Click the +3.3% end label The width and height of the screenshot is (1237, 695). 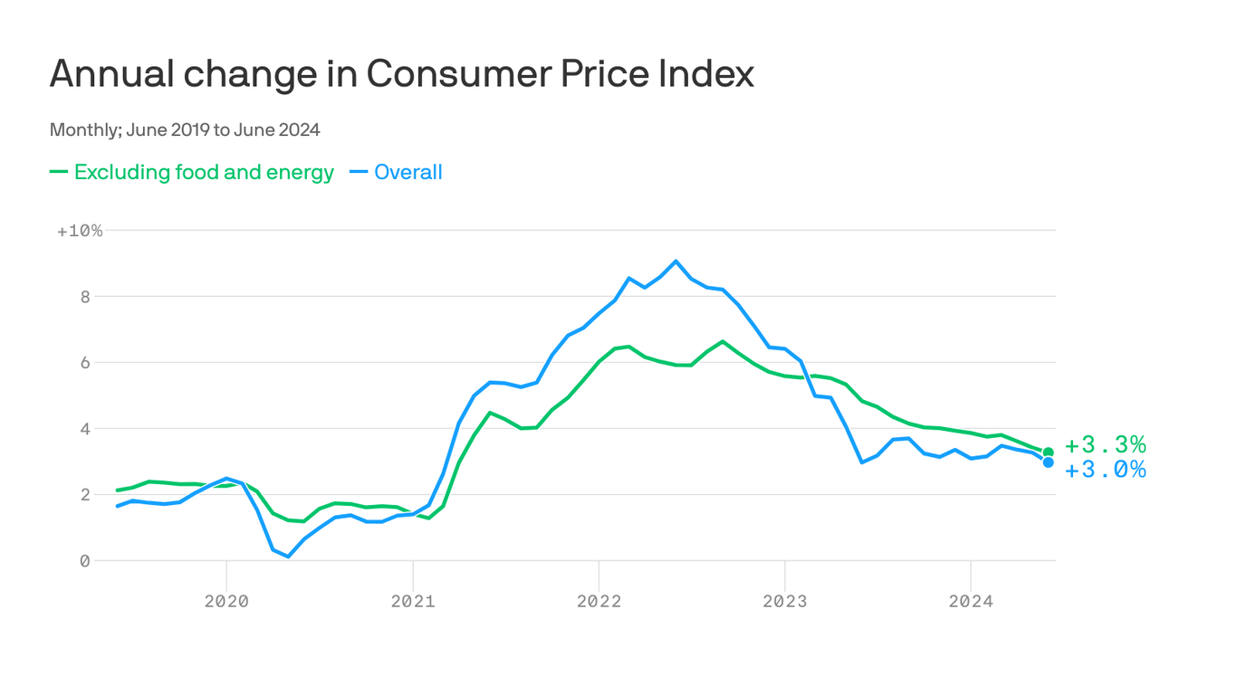click(x=1105, y=445)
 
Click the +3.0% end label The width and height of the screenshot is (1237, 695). click(x=1105, y=470)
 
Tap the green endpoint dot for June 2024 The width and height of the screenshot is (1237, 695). click(x=1048, y=452)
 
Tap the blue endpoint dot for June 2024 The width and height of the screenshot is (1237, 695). click(x=1048, y=462)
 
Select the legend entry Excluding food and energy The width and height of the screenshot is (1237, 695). click(x=203, y=172)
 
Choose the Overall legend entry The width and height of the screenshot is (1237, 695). click(x=408, y=172)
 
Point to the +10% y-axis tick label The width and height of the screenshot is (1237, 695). click(x=80, y=231)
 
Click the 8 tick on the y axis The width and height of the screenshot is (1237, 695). click(x=85, y=297)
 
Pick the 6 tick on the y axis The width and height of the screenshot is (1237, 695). click(x=85, y=363)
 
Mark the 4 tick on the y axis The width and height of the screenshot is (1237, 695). click(x=85, y=429)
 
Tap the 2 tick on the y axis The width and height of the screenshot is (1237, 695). click(x=85, y=495)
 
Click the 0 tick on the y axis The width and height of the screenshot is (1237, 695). click(x=85, y=561)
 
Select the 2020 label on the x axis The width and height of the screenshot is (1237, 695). click(x=226, y=601)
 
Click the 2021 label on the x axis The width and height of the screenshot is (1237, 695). click(x=413, y=601)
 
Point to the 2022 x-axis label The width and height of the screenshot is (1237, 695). click(x=599, y=601)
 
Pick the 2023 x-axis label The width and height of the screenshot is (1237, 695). click(x=784, y=601)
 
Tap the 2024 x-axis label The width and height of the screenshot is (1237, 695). click(x=971, y=601)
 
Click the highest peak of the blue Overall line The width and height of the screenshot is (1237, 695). click(x=676, y=261)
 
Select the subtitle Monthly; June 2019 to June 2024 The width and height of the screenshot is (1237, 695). click(x=185, y=130)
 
